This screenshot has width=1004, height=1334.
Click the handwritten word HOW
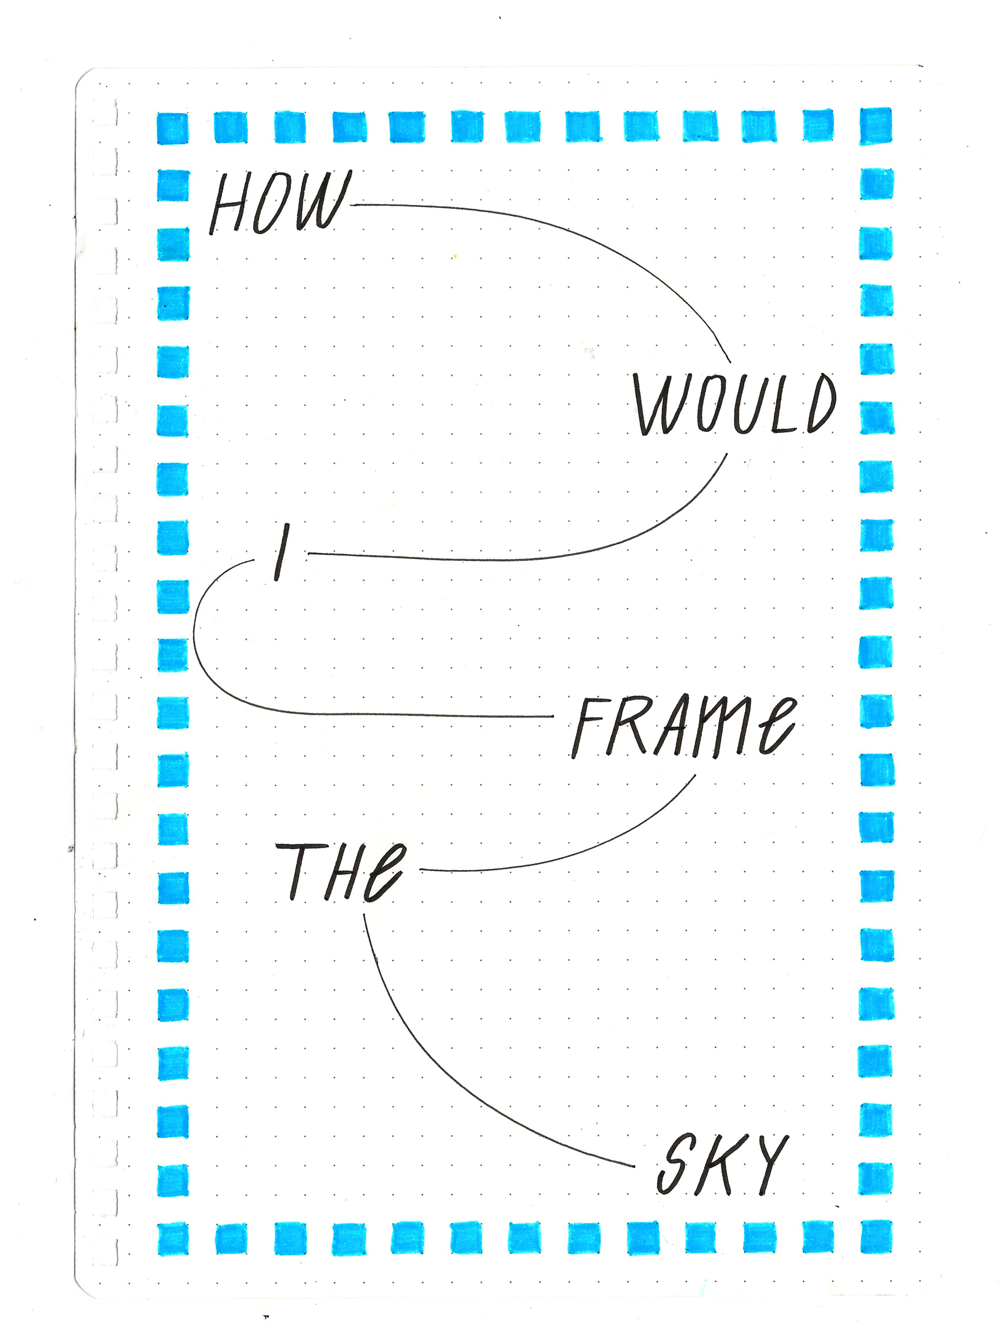(x=278, y=203)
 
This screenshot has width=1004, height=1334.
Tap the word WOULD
(x=734, y=404)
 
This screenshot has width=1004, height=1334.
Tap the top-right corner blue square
(x=875, y=126)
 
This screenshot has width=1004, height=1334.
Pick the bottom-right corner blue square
(x=876, y=1237)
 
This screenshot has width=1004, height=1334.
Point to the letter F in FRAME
(x=587, y=728)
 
